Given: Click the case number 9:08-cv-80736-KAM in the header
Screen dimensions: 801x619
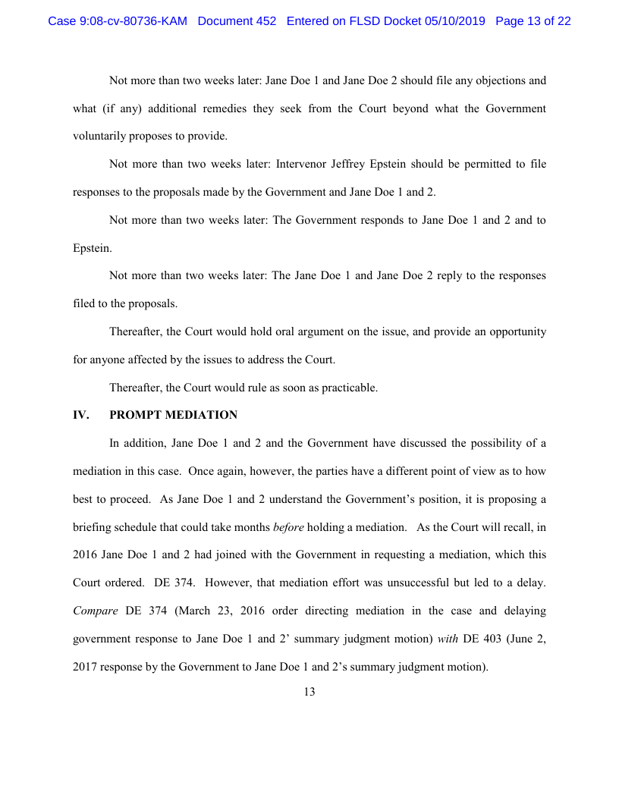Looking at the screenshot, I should [x=118, y=21].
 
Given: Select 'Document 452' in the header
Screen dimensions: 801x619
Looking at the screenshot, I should [x=237, y=21].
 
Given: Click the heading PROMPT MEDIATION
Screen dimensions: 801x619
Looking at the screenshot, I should [x=173, y=415].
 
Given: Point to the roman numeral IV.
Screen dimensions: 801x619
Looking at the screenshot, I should [x=80, y=415].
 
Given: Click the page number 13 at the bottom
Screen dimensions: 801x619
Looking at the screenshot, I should [x=309, y=691].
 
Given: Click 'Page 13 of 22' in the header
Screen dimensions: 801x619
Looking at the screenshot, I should [x=533, y=21].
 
